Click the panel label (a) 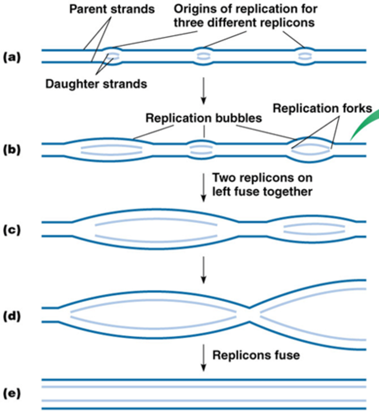click(12, 57)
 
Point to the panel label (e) click(12, 394)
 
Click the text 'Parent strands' click(112, 9)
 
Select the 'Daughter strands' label click(96, 84)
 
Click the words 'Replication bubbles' click(204, 118)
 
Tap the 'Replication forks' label click(322, 109)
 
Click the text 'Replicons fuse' click(256, 355)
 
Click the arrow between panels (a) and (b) click(204, 90)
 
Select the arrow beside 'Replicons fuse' click(204, 357)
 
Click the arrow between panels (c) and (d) click(204, 270)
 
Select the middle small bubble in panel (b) click(204, 150)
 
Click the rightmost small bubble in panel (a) click(305, 56)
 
